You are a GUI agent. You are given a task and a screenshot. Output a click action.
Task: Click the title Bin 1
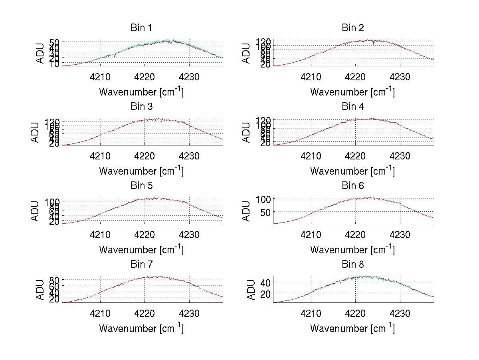(141, 28)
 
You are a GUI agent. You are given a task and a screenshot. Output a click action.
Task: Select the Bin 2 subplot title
(352, 28)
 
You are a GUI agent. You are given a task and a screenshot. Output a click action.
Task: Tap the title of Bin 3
(141, 107)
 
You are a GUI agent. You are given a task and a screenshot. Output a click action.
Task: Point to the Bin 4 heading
(352, 107)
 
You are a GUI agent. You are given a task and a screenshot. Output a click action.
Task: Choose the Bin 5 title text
(141, 186)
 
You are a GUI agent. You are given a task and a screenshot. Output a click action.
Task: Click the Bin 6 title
(352, 186)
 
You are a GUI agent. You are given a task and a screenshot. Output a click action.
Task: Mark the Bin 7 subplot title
(141, 265)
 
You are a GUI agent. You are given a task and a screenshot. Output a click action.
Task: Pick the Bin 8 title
(352, 265)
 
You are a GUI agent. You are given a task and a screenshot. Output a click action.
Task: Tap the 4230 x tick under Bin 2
(400, 77)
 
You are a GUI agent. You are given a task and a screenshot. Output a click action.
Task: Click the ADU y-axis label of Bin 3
(36, 132)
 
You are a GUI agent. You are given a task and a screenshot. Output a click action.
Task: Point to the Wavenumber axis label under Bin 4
(352, 171)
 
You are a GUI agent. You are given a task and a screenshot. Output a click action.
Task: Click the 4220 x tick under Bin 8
(355, 314)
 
